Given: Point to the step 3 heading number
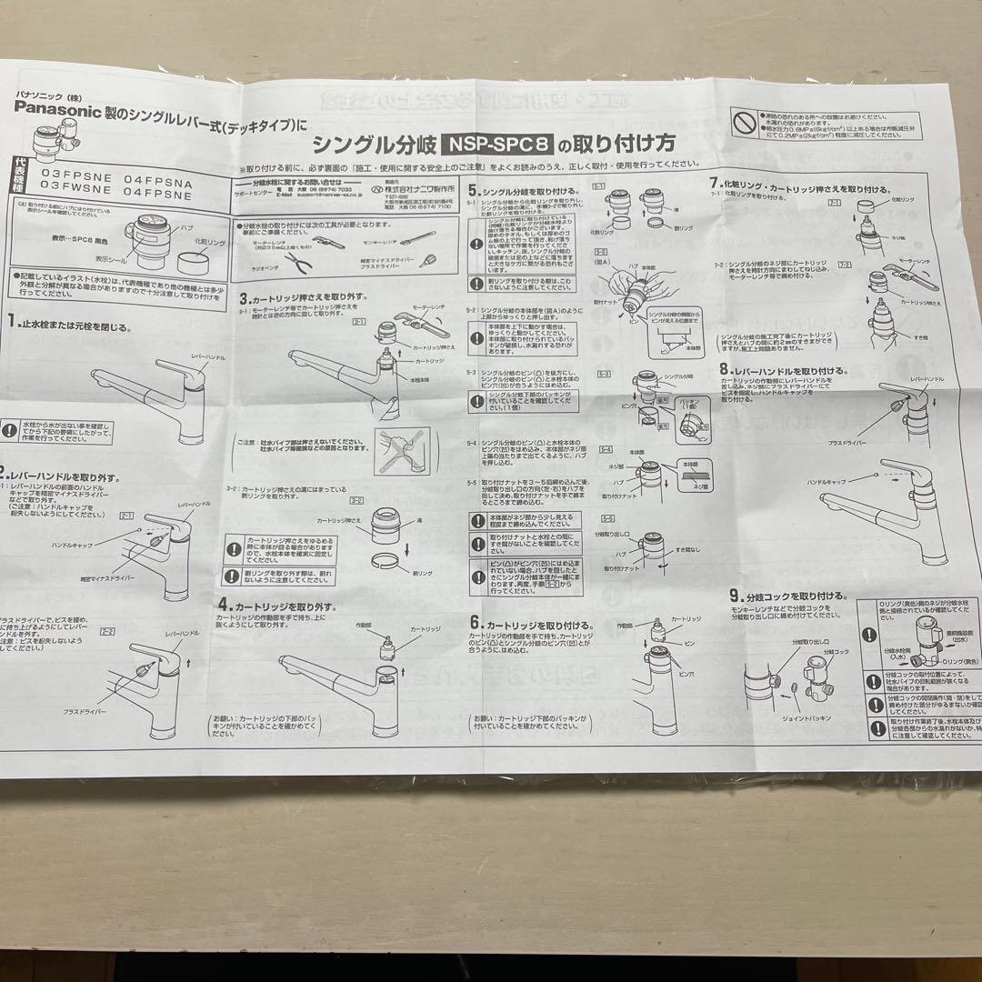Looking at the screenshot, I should click(244, 297).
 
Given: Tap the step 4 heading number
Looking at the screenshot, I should click(223, 604).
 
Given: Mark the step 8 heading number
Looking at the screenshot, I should click(725, 370).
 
